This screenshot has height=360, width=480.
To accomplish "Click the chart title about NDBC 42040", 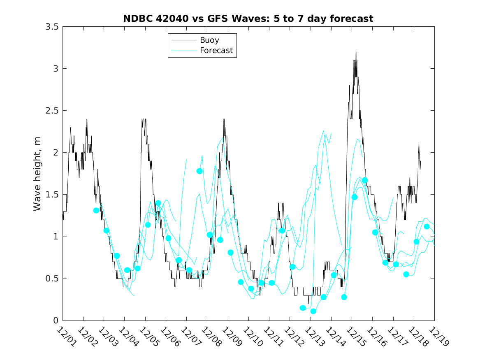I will pyautogui.click(x=248, y=19).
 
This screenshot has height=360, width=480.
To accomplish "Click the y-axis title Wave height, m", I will pyautogui.click(x=37, y=173).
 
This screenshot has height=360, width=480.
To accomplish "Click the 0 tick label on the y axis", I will pyautogui.click(x=56, y=321).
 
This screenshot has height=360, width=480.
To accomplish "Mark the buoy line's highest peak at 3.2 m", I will pyautogui.click(x=356, y=52).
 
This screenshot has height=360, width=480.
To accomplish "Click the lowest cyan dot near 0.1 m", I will pyautogui.click(x=313, y=311).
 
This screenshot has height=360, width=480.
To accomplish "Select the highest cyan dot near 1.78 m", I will pyautogui.click(x=199, y=171).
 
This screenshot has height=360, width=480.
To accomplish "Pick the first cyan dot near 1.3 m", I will pyautogui.click(x=96, y=210).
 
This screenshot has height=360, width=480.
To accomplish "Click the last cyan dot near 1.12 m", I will pyautogui.click(x=427, y=226).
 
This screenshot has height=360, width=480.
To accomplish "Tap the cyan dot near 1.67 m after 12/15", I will pyautogui.click(x=365, y=180).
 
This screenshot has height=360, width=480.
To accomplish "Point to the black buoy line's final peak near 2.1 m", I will pyautogui.click(x=419, y=144).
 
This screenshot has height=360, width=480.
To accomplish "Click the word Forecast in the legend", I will pyautogui.click(x=216, y=51).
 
